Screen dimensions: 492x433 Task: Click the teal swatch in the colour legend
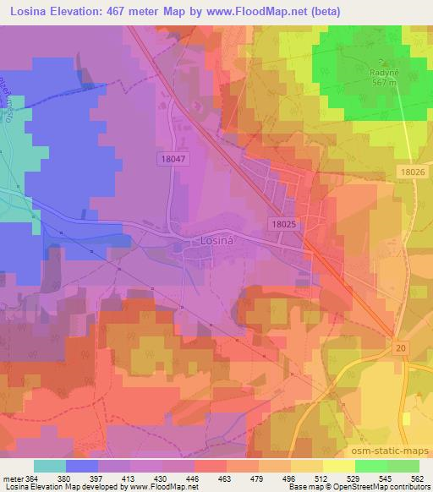click(x=50, y=466)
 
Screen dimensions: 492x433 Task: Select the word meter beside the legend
click(x=14, y=478)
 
